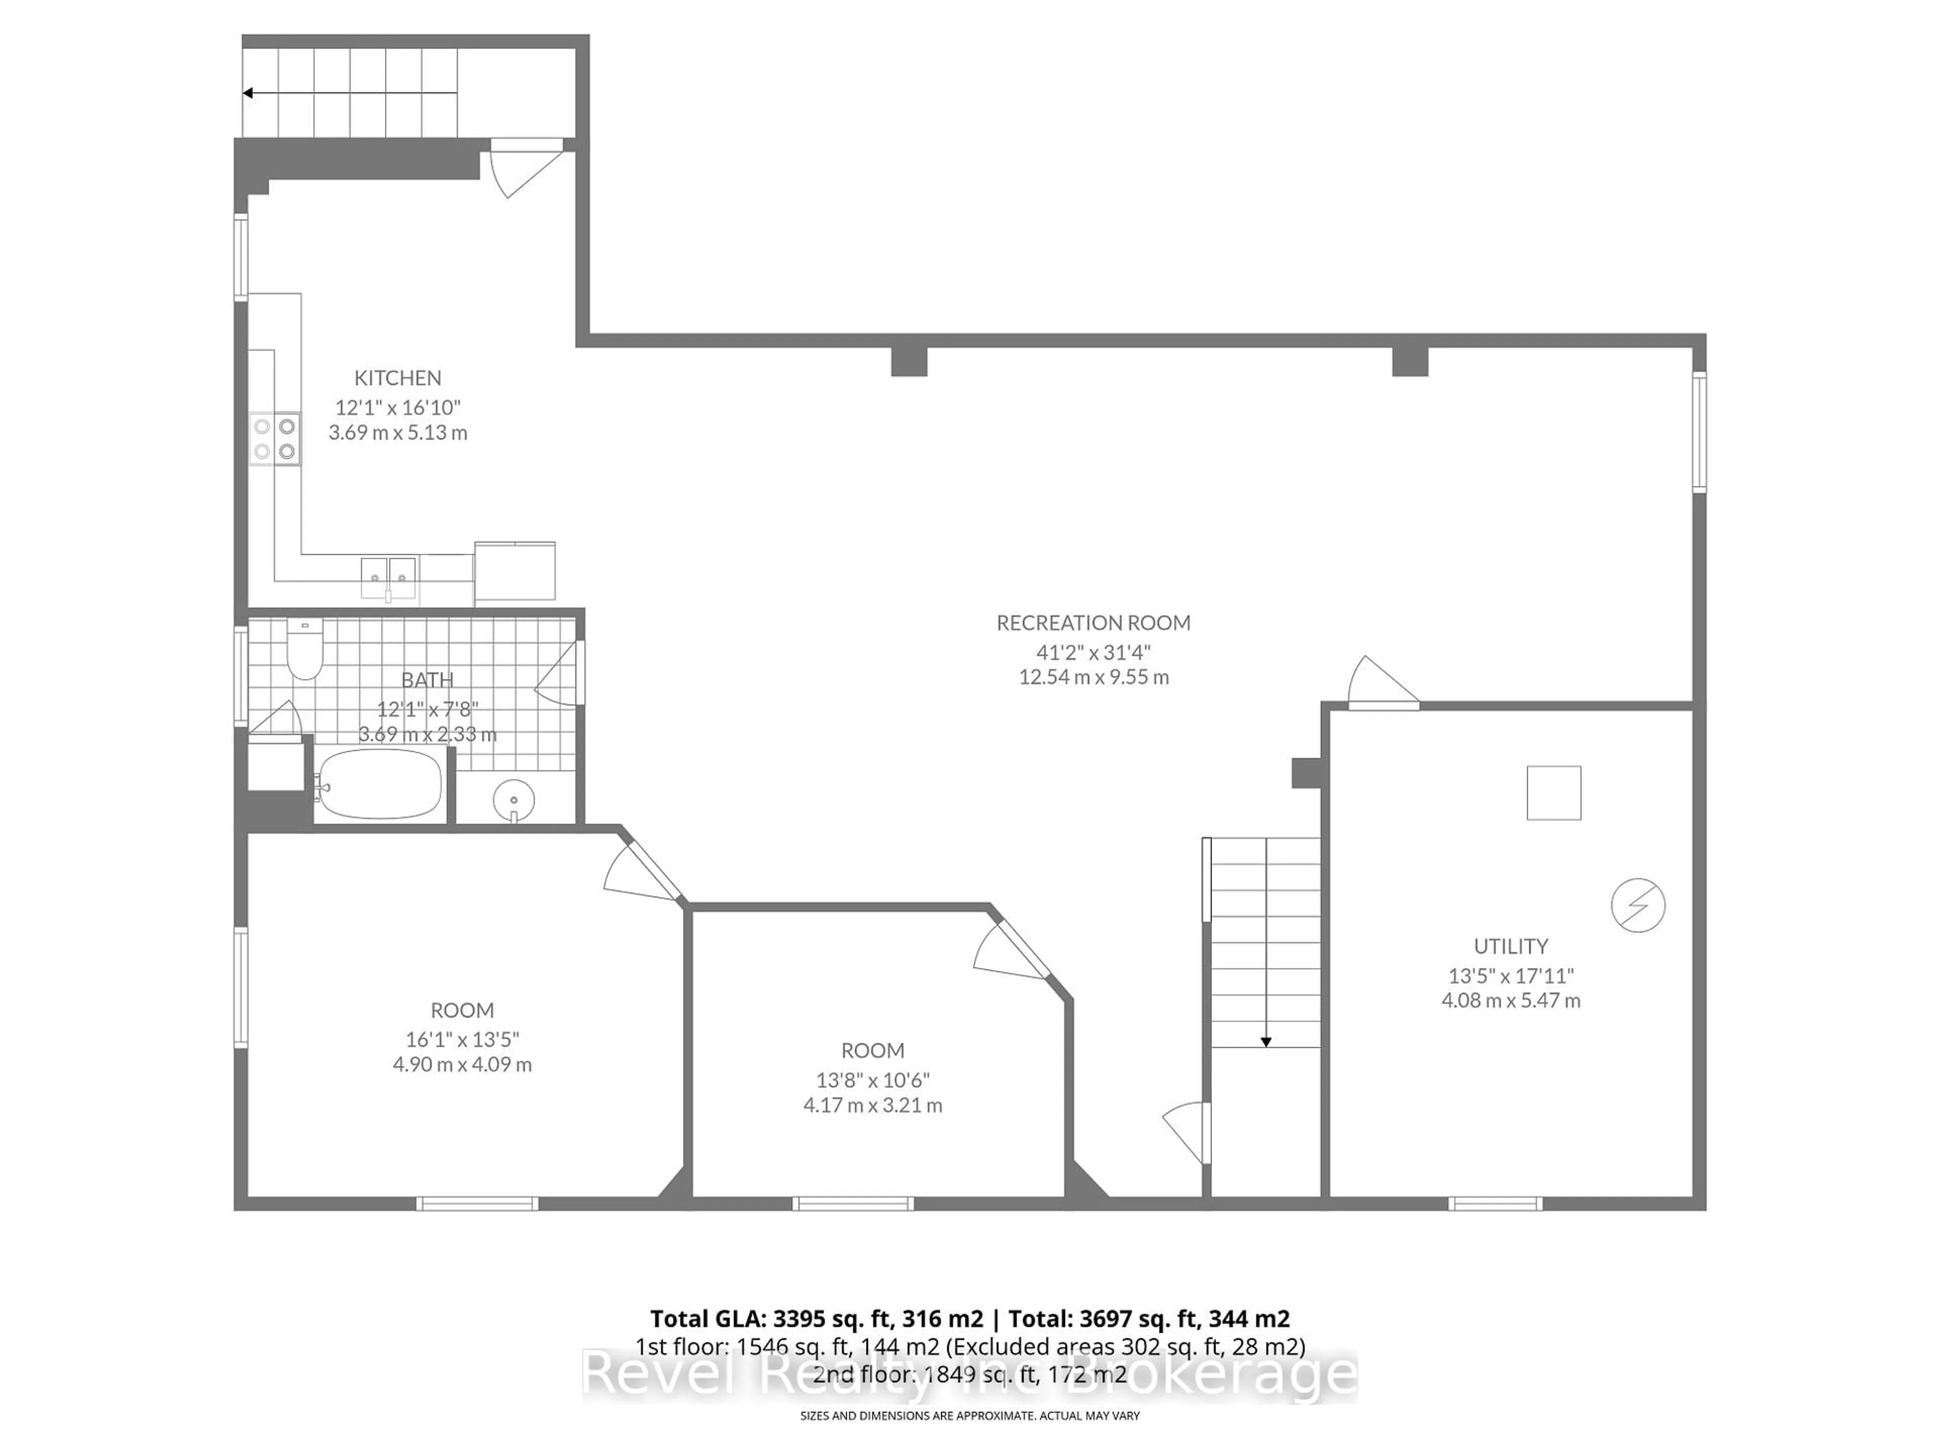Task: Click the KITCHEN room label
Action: point(397,378)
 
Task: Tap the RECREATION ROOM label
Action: point(1093,623)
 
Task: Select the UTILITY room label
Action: point(1510,946)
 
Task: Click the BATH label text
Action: point(427,680)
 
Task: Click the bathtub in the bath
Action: point(379,783)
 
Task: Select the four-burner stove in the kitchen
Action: point(274,439)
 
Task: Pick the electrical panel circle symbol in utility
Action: point(1637,905)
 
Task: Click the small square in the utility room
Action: point(1553,793)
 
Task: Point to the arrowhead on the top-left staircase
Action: point(248,93)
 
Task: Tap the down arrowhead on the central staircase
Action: point(1266,1042)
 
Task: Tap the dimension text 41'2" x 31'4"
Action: point(1093,653)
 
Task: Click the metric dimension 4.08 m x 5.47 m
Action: point(1510,1001)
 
